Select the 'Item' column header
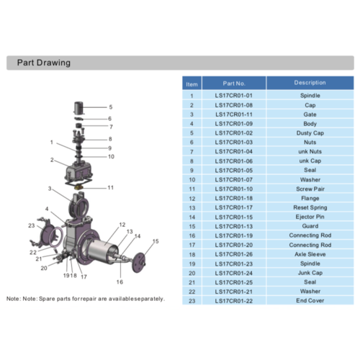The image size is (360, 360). pyautogui.click(x=191, y=83)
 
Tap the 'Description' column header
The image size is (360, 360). pyautogui.click(x=310, y=83)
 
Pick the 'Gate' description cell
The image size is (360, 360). pyautogui.click(x=310, y=114)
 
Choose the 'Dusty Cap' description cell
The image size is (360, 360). pyautogui.click(x=310, y=132)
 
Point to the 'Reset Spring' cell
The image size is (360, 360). pyautogui.click(x=310, y=207)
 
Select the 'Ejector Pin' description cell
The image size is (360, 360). pyautogui.click(x=310, y=217)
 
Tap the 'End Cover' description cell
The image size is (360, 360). pyautogui.click(x=310, y=301)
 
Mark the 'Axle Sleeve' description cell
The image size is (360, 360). pyautogui.click(x=310, y=254)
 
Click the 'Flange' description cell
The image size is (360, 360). pyautogui.click(x=310, y=198)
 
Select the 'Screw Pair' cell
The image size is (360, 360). pyautogui.click(x=310, y=189)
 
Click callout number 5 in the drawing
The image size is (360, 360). pyautogui.click(x=110, y=107)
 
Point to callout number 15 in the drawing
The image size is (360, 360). pyautogui.click(x=156, y=240)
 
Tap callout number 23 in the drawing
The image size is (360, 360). pyautogui.click(x=31, y=226)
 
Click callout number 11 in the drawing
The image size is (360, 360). pyautogui.click(x=111, y=187)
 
